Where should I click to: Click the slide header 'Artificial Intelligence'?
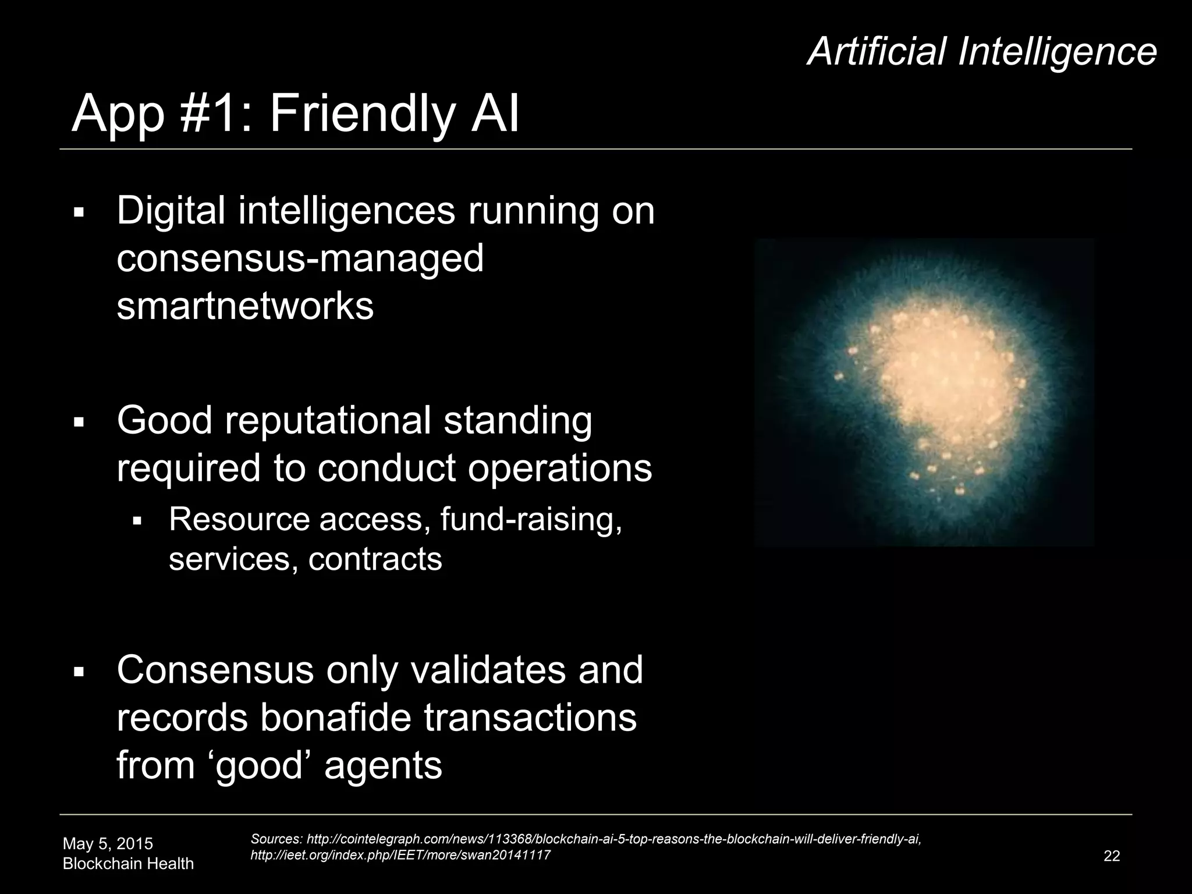coord(982,51)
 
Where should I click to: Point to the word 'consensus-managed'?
coord(300,259)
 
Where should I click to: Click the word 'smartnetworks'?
coord(245,306)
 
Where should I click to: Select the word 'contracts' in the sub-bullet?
coord(375,559)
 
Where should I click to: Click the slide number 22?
coord(1111,856)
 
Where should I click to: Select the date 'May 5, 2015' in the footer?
coord(108,843)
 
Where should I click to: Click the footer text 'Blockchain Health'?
coord(128,864)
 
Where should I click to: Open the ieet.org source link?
coord(400,854)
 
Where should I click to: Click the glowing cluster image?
coord(924,392)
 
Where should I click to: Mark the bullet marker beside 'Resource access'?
coord(137,520)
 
